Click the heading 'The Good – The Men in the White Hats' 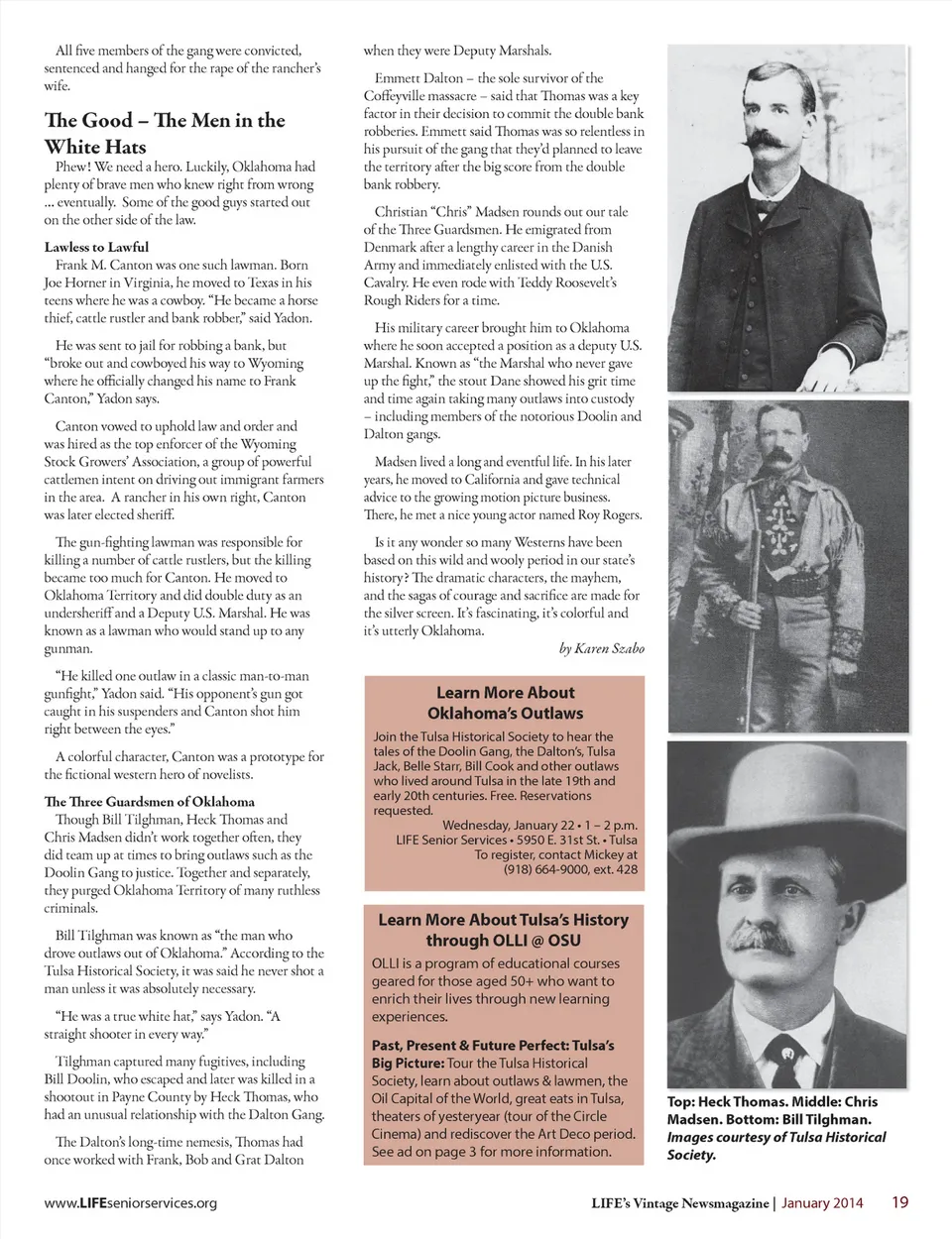165,133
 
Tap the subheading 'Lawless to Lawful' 96,247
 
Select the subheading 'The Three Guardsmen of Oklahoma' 149,801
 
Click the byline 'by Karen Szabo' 601,648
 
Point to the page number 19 899,1202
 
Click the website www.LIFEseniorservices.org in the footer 130,1203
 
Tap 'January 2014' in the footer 822,1203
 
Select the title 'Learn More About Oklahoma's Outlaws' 505,703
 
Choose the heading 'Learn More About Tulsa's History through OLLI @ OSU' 504,930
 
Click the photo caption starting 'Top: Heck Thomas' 772,1110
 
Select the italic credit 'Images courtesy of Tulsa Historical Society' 775,1146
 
